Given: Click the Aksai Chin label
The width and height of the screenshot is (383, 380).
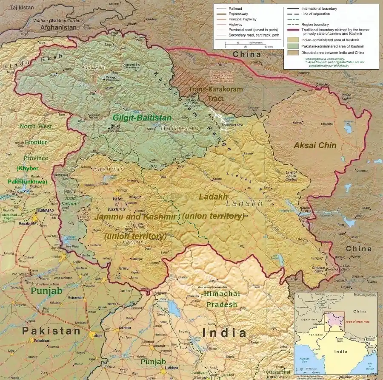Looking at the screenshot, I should click(x=315, y=145).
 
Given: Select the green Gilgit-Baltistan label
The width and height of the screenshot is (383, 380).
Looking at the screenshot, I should click(x=142, y=118).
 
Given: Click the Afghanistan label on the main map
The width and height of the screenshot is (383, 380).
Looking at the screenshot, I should click(x=58, y=27).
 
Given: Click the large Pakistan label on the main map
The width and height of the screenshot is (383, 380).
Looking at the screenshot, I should click(x=51, y=331).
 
